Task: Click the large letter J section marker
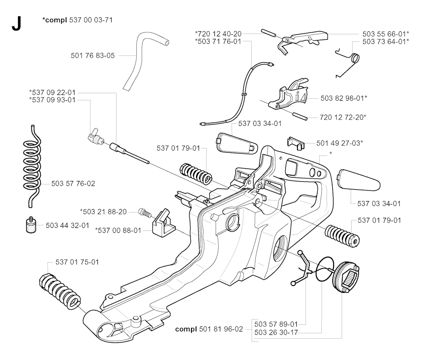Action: click(16, 24)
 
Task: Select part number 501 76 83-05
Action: click(93, 55)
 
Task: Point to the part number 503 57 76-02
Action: click(73, 183)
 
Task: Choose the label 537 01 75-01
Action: click(77, 262)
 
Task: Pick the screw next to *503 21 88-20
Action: click(145, 212)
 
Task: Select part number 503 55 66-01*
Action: click(386, 33)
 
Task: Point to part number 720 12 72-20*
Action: click(342, 117)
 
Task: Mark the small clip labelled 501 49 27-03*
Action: click(295, 143)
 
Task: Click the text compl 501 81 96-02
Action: click(209, 329)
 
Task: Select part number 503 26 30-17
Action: click(276, 333)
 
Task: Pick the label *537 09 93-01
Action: click(52, 100)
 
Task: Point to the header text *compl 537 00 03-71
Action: click(77, 20)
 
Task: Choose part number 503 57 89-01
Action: click(276, 324)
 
